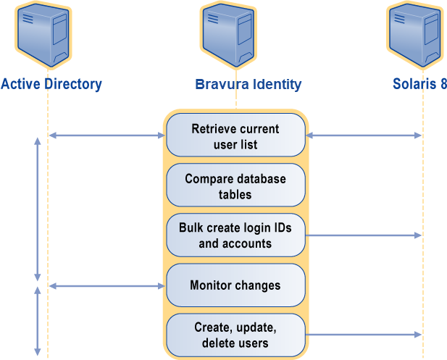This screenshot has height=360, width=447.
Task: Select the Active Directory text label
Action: coord(51,84)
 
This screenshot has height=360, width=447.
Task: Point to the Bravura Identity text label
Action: coord(248,84)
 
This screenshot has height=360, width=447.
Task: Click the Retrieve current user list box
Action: coord(235,136)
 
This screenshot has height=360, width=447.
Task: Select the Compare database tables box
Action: coord(235,186)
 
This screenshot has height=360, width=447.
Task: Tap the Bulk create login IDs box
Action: coord(235,235)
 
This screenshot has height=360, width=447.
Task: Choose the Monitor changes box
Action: coord(235,285)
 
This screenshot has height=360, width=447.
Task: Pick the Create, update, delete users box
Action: coord(235,335)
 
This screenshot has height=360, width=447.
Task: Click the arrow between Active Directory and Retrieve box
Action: coord(107,135)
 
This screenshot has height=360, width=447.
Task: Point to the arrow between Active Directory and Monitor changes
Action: coord(107,286)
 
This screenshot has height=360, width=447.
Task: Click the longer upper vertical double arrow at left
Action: coord(38,209)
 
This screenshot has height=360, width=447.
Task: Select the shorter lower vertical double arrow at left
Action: coord(38,319)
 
